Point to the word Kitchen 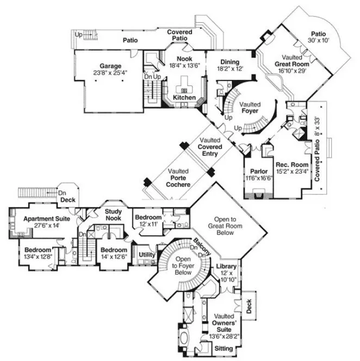184,97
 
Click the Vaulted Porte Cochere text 179,178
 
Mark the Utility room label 147,254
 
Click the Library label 226,266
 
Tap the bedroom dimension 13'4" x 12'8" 36,257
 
